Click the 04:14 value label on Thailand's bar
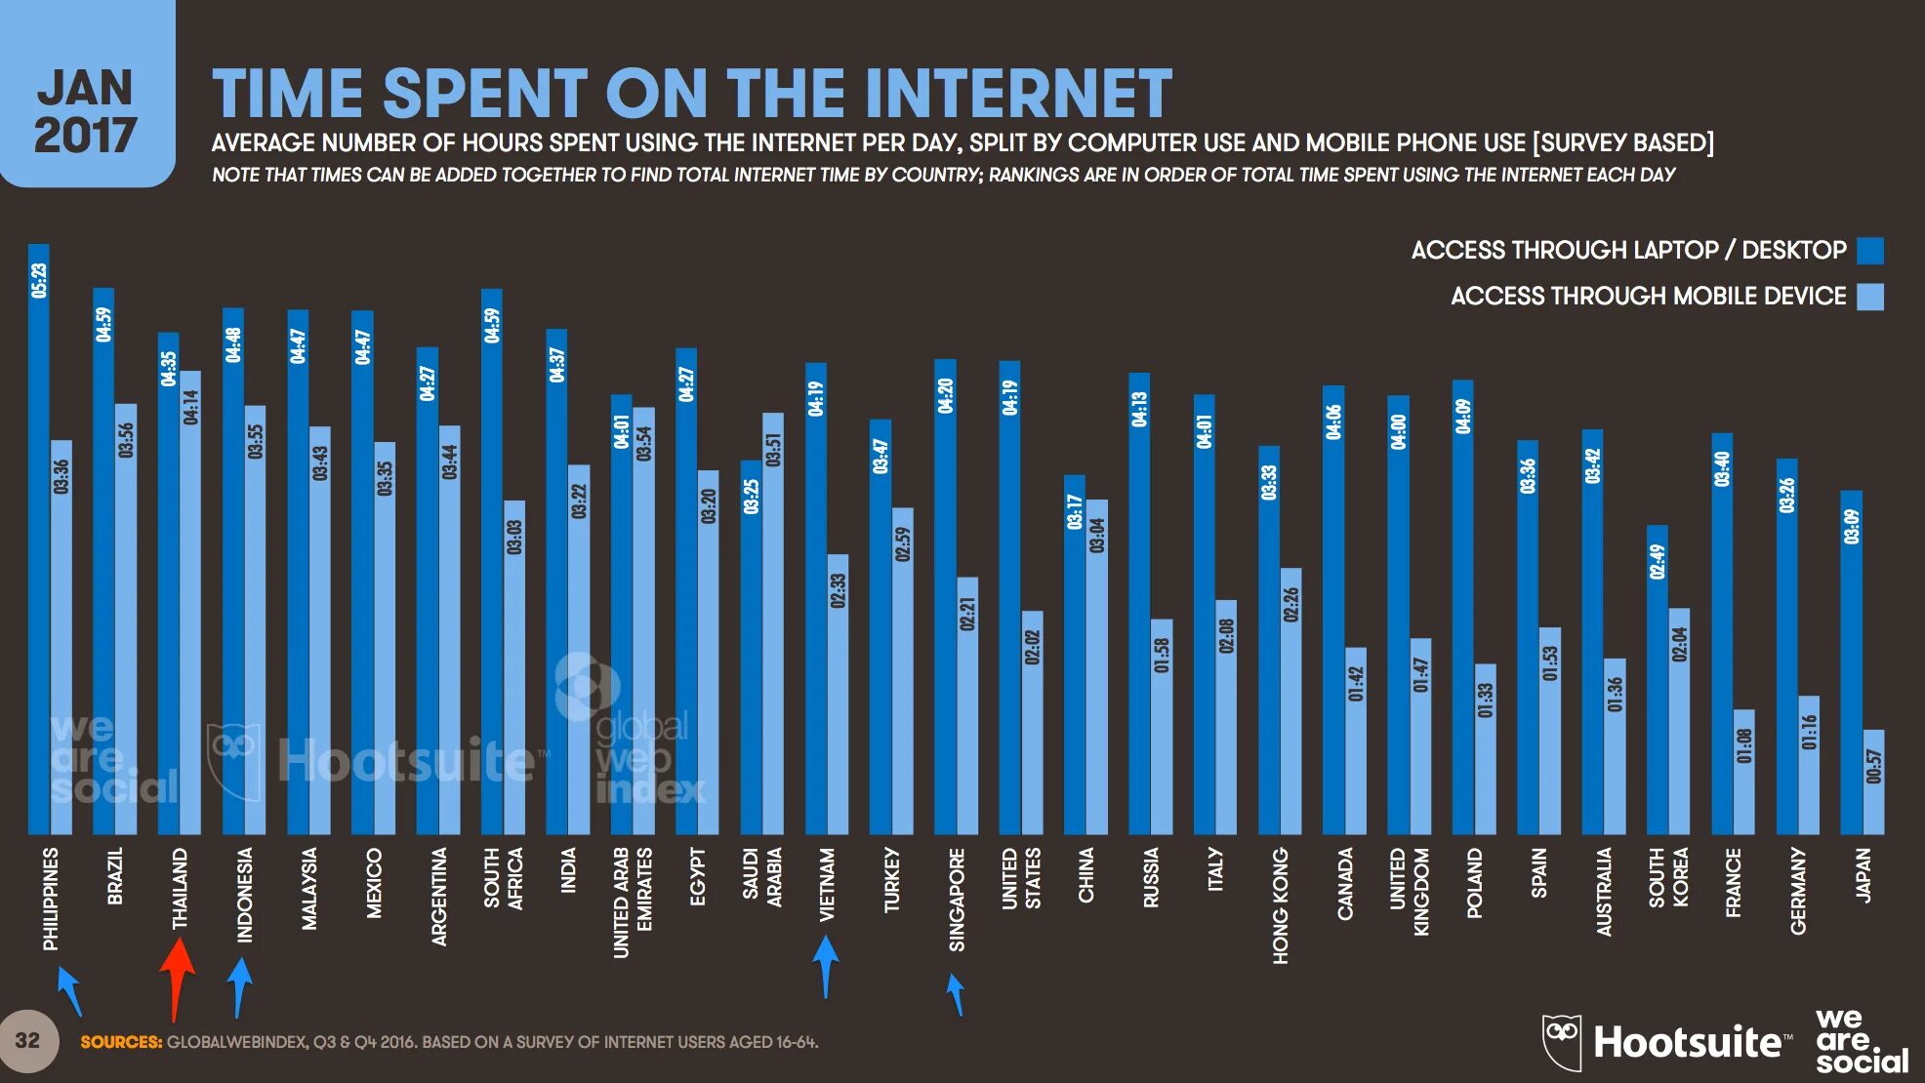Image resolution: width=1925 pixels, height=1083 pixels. coord(190,407)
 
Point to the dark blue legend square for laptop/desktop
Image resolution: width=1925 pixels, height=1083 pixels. coord(1870,251)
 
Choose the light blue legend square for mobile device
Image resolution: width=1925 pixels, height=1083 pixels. coord(1870,297)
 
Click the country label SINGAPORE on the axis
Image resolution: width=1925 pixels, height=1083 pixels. coord(957,899)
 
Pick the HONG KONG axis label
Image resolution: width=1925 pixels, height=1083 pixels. coord(1281,905)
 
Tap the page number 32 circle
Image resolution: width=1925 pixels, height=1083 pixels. coord(28,1041)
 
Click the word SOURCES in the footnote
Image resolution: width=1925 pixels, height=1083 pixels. coord(121,1042)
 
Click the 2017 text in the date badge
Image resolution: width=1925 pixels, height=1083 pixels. coord(85,136)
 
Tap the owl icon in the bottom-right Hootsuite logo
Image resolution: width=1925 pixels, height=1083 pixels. coord(1561,1040)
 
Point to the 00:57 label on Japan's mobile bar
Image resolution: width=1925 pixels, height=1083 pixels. coord(1873,766)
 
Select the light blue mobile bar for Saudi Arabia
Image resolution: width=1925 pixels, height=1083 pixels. coord(773,624)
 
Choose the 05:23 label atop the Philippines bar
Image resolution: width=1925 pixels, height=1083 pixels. coord(39,280)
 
